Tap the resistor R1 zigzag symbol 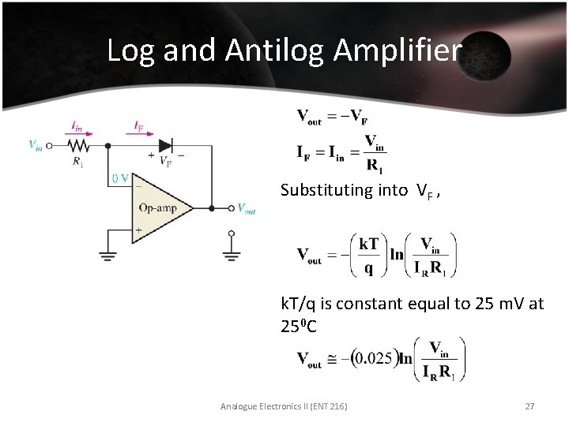(x=77, y=145)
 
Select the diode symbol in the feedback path (x=165, y=145)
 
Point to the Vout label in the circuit (x=247, y=208)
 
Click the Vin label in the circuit (x=36, y=145)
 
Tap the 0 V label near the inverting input (x=119, y=178)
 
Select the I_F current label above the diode (x=138, y=125)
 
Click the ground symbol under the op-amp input (x=107, y=255)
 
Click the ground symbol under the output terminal (x=231, y=254)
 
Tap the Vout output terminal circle (x=231, y=208)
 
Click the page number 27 (x=529, y=406)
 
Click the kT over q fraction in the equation (x=368, y=256)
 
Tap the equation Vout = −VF (x=332, y=118)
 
